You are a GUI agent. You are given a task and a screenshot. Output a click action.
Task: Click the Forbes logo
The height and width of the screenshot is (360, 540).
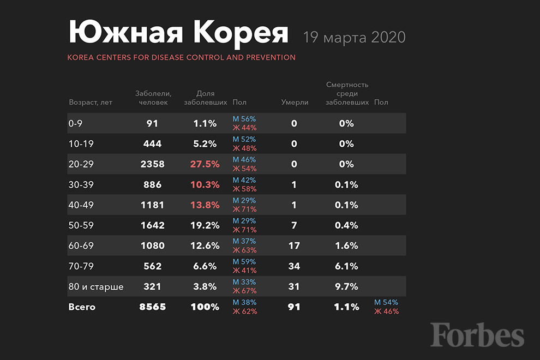point(477,334)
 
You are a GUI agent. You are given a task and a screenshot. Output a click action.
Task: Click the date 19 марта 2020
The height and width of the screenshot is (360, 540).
point(355,37)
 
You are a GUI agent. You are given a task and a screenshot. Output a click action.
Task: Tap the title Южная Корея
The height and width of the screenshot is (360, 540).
point(178,33)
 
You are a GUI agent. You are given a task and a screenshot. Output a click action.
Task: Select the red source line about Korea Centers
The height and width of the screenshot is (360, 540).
point(182,57)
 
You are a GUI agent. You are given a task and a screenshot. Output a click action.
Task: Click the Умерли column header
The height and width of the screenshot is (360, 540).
point(295,103)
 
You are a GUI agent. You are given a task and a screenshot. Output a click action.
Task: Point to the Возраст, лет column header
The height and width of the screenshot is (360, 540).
point(91,103)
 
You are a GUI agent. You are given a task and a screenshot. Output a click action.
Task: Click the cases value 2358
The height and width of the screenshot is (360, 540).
point(152,164)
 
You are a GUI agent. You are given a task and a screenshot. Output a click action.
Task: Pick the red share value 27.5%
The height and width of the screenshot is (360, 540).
point(205,164)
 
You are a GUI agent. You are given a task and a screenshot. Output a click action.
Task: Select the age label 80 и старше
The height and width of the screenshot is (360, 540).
point(96,287)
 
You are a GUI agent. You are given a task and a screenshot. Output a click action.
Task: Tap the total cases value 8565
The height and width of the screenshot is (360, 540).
point(152,307)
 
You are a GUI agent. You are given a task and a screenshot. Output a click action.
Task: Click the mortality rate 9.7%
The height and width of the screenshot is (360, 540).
point(346,287)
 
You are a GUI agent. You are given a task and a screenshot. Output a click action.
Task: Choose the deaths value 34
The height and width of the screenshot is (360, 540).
point(294,266)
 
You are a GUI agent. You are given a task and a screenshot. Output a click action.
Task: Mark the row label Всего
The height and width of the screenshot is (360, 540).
point(82,307)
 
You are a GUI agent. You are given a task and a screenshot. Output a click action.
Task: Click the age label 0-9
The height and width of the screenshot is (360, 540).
point(75,123)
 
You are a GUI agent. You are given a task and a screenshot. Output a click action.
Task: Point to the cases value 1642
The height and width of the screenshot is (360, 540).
point(152,225)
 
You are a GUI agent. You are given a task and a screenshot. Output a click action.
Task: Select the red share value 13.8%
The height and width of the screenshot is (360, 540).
point(205,205)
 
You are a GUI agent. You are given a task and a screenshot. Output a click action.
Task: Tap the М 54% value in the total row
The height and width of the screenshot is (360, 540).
point(386,302)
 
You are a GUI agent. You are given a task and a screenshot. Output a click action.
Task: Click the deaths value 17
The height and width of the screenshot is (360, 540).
point(294,246)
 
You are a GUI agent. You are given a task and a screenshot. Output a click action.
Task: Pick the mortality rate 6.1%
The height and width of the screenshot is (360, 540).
point(346,266)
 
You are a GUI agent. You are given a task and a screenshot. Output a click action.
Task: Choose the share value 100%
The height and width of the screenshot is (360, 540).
point(205,307)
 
